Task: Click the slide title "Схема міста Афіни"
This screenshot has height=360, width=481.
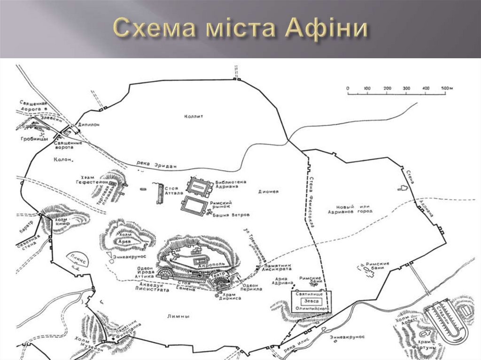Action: tap(240, 29)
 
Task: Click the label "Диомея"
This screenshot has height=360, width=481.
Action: tap(268, 191)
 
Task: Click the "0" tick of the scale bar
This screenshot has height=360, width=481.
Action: tap(348, 88)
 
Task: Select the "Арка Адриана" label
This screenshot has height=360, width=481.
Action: tap(282, 281)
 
